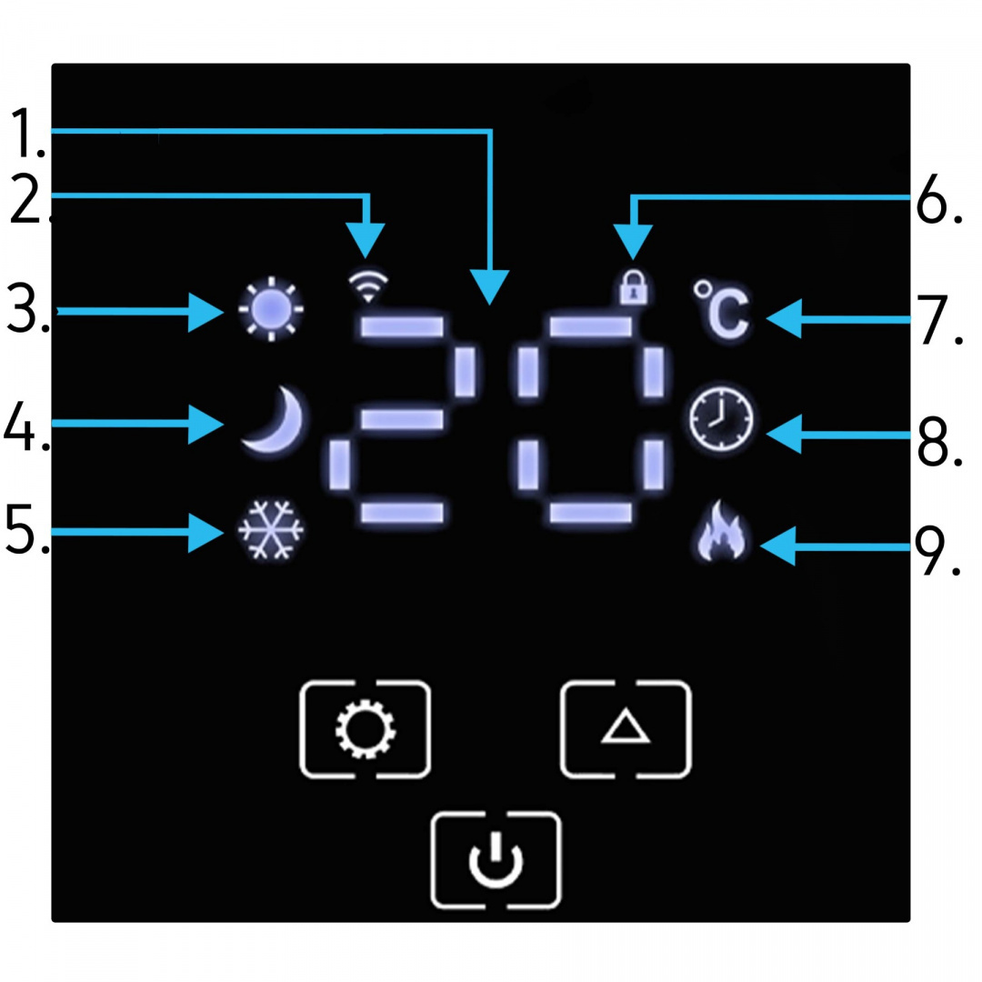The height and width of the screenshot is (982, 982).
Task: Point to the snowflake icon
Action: tap(271, 530)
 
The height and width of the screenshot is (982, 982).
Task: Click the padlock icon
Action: tap(633, 287)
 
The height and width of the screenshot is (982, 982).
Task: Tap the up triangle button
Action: tap(626, 728)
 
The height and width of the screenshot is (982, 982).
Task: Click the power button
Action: tap(496, 860)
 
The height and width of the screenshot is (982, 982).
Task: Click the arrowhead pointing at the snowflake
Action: tap(206, 531)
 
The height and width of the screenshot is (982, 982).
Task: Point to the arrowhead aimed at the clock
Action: tap(783, 434)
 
